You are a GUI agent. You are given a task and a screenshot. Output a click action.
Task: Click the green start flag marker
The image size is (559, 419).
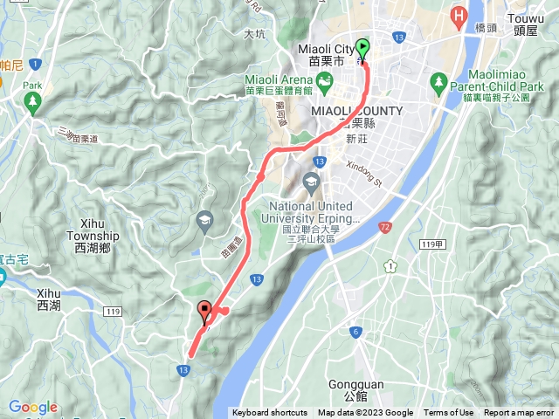(362, 50)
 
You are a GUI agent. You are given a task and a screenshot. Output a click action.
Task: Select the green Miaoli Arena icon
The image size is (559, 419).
(325, 82)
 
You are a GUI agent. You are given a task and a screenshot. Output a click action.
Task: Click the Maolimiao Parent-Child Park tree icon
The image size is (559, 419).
(438, 81)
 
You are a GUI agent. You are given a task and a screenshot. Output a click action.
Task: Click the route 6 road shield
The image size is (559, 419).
(355, 332)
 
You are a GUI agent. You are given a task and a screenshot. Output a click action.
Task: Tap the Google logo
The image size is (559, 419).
(32, 407)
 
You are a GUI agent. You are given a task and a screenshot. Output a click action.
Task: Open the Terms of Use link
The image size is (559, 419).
(448, 413)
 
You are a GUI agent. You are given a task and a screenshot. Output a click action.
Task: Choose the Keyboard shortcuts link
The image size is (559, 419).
(270, 413)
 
